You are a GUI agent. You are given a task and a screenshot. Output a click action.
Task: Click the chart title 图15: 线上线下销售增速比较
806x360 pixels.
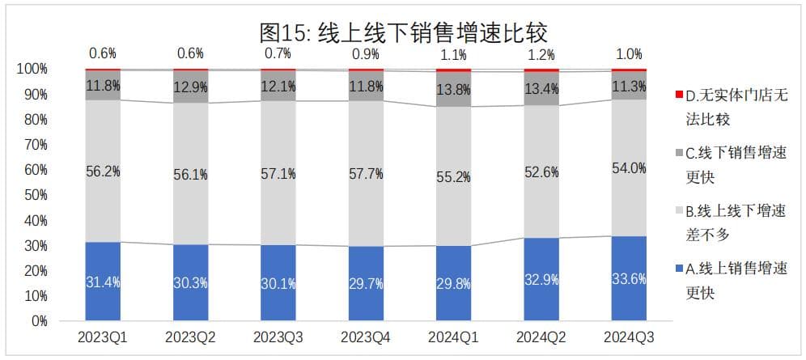click(x=403, y=32)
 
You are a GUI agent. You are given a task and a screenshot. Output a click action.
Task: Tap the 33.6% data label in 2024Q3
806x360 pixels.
click(x=629, y=282)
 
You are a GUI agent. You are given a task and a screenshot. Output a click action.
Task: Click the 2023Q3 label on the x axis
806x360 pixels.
click(x=278, y=336)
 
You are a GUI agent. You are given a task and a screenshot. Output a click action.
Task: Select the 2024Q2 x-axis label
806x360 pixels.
click(x=541, y=336)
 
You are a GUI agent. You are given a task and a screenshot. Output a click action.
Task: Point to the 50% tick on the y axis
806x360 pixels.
click(x=35, y=195)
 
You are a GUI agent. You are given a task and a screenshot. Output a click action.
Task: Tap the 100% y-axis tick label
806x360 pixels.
click(x=32, y=69)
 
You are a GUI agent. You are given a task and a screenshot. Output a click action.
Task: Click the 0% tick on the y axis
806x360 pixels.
click(x=38, y=321)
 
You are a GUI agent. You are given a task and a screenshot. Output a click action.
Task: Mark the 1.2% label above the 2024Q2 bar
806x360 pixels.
click(x=541, y=55)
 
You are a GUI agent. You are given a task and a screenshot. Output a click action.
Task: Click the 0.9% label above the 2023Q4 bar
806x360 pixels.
click(x=366, y=54)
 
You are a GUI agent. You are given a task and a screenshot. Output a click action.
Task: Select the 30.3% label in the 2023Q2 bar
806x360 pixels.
click(x=191, y=282)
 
